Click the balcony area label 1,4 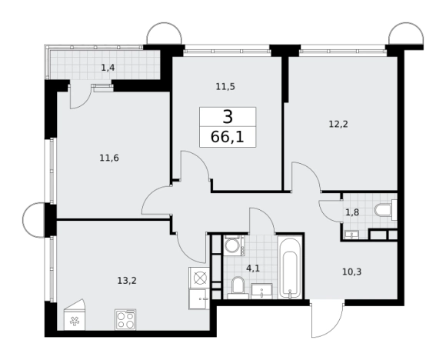pyautogui.click(x=108, y=68)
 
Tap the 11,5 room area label pyautogui.click(x=225, y=86)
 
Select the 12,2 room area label pyautogui.click(x=338, y=125)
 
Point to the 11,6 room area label pyautogui.click(x=109, y=158)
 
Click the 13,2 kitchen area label pyautogui.click(x=127, y=281)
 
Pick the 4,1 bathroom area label pyautogui.click(x=253, y=268)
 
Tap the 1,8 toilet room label pyautogui.click(x=352, y=212)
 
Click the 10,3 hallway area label pyautogui.click(x=351, y=272)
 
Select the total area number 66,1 pyautogui.click(x=228, y=137)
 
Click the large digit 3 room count pyautogui.click(x=228, y=117)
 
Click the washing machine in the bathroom pyautogui.click(x=234, y=245)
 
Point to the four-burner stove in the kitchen pyautogui.click(x=125, y=319)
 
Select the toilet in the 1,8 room pyautogui.click(x=385, y=211)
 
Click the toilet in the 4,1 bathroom pyautogui.click(x=238, y=288)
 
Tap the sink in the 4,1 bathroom pyautogui.click(x=261, y=291)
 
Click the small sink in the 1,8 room pyautogui.click(x=352, y=235)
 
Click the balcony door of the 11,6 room pyautogui.click(x=80, y=96)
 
